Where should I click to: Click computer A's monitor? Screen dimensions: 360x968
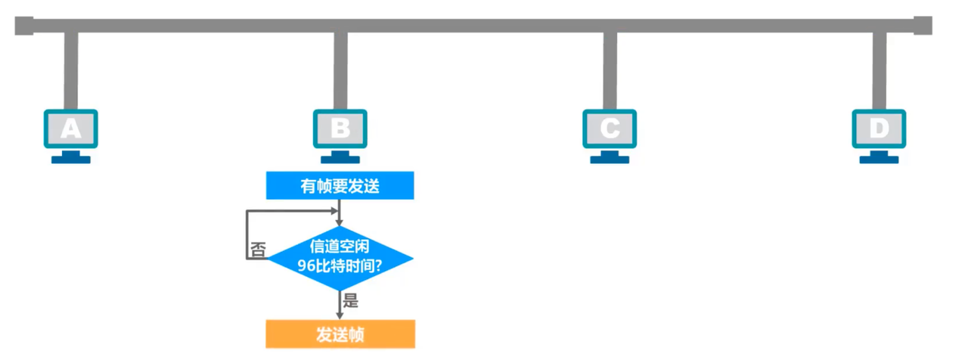click(x=70, y=129)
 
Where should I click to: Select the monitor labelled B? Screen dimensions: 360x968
click(x=340, y=129)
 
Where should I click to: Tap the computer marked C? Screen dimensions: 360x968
click(x=610, y=129)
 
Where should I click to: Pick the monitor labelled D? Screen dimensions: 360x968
click(x=879, y=129)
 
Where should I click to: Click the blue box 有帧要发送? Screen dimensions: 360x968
click(x=340, y=185)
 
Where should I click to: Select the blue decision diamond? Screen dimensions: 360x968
click(x=340, y=258)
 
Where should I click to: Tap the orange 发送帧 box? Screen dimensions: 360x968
click(x=340, y=334)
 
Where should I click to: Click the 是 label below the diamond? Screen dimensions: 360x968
click(x=350, y=301)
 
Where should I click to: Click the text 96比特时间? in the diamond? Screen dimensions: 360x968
click(x=340, y=266)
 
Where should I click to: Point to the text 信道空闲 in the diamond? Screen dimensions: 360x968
click(x=340, y=247)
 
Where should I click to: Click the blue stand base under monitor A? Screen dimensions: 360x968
click(x=71, y=160)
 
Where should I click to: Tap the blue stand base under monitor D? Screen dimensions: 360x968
click(x=879, y=160)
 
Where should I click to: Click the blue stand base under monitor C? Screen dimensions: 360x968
click(x=610, y=160)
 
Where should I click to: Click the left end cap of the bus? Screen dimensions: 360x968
click(x=23, y=26)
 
